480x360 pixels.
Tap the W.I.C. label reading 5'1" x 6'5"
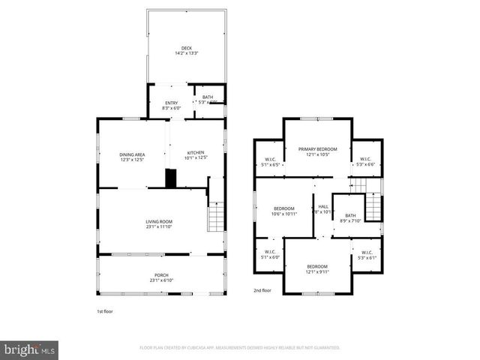click(270, 160)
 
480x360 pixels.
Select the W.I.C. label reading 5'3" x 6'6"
click(366, 160)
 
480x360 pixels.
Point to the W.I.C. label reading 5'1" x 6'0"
click(270, 254)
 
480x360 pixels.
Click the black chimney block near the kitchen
click(171, 178)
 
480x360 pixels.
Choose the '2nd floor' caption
click(263, 289)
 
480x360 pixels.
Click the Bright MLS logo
click(30, 349)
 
